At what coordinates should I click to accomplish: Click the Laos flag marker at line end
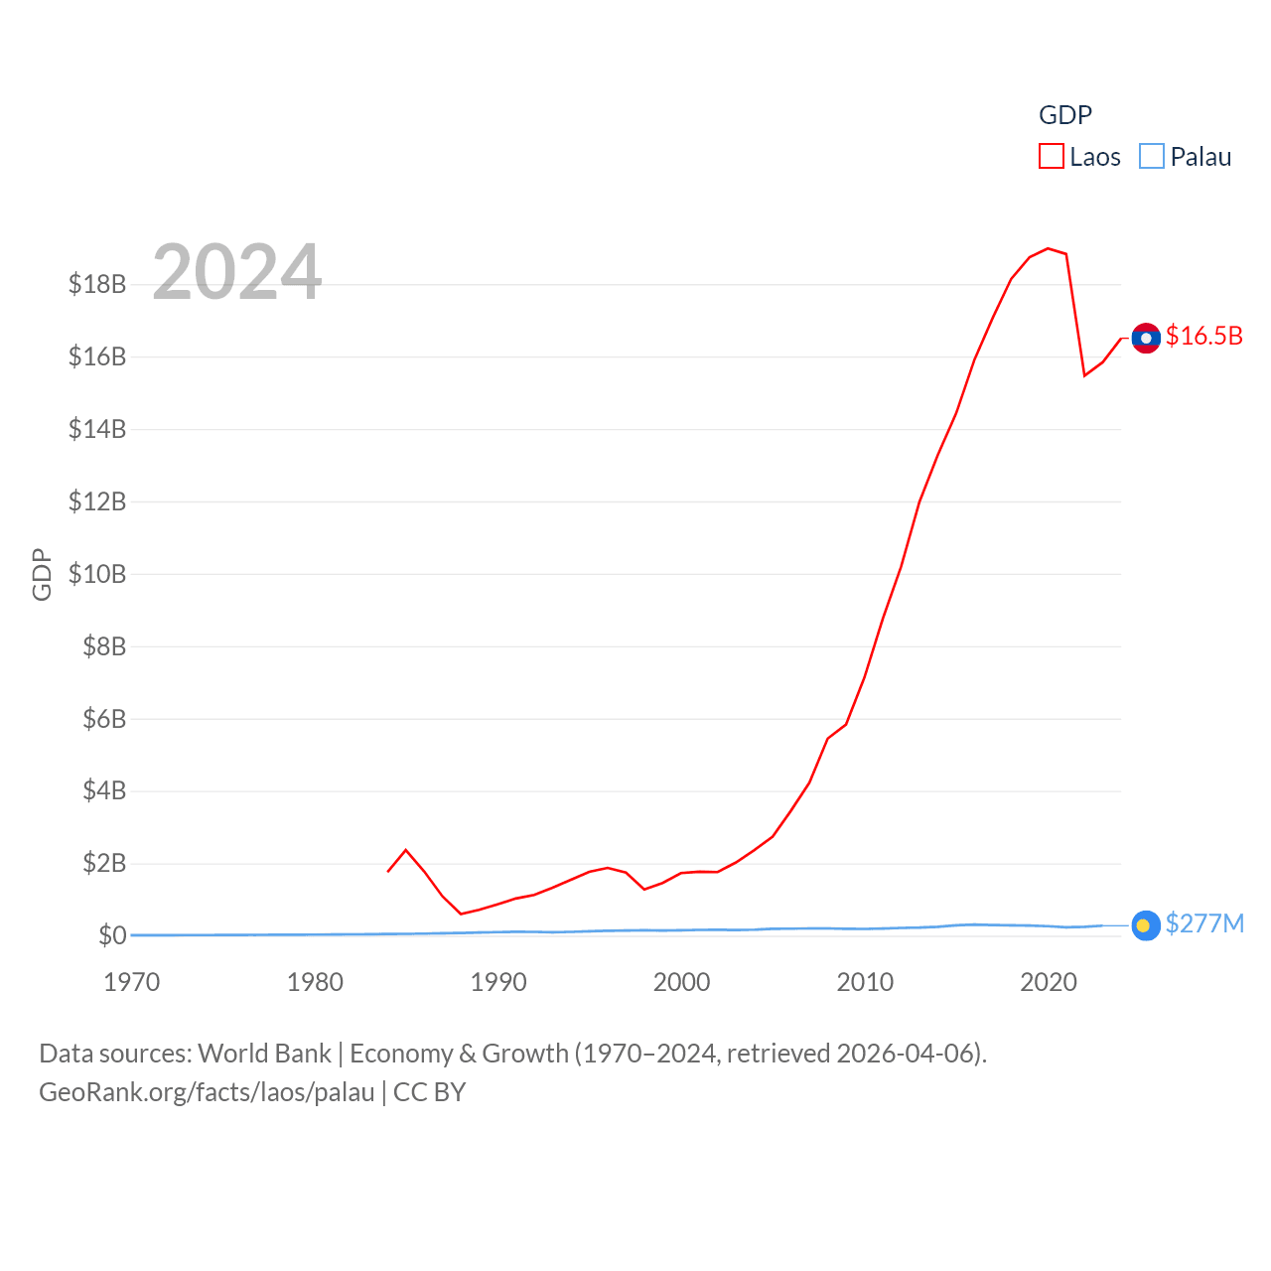[1146, 338]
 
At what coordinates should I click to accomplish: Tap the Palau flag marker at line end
[1146, 925]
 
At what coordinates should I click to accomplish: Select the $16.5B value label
[1203, 336]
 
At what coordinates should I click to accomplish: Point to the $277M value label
[1204, 923]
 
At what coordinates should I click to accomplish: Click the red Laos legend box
[1051, 157]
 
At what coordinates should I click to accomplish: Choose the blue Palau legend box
[1151, 157]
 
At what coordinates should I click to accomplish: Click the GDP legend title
[1064, 115]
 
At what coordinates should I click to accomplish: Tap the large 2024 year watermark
[236, 271]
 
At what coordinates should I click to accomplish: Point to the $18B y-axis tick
[97, 284]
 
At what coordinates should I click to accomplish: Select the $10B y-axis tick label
[97, 574]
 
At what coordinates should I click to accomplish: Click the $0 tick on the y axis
[112, 935]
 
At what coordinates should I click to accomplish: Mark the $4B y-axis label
[104, 790]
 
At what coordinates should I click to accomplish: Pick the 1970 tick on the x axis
[132, 982]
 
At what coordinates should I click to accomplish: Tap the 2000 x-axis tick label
[682, 982]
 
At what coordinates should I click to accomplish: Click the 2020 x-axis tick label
[1049, 982]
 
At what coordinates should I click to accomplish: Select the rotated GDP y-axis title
[42, 574]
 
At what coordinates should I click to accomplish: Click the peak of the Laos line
[1048, 248]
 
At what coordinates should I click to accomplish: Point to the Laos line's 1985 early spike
[405, 850]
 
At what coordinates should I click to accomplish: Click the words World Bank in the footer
[264, 1053]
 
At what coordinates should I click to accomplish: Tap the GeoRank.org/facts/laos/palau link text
[207, 1092]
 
